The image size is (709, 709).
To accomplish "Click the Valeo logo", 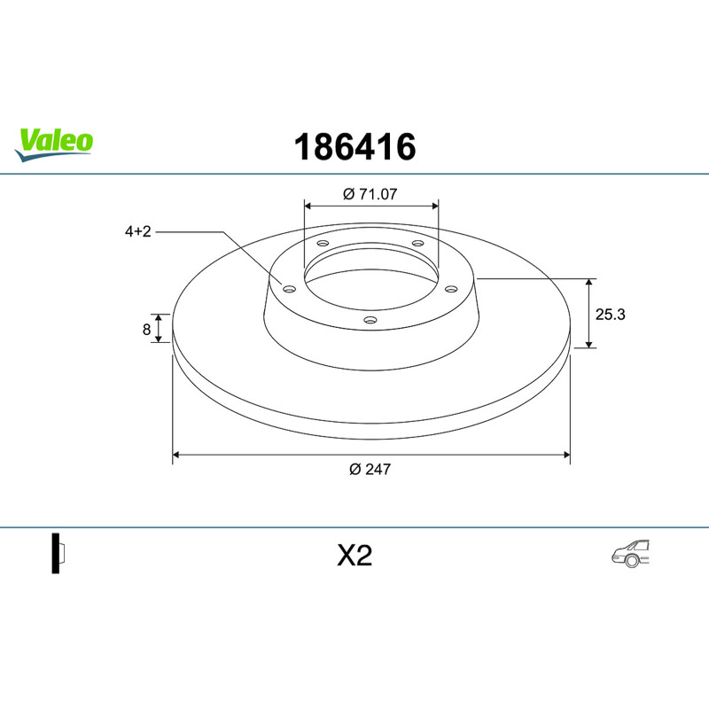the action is (54, 144).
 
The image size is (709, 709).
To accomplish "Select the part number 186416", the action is (355, 147).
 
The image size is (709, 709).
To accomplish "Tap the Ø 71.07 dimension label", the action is (370, 194).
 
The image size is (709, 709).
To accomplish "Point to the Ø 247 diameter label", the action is (370, 470).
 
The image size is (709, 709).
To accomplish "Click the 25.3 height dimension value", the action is (610, 315).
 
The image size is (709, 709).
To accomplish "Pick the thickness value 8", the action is (146, 329).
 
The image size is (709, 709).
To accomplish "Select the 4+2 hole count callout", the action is (138, 231).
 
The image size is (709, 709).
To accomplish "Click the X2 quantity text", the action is (354, 556).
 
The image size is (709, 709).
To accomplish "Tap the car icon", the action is (631, 553).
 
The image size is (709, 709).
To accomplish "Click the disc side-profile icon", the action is (58, 553).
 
